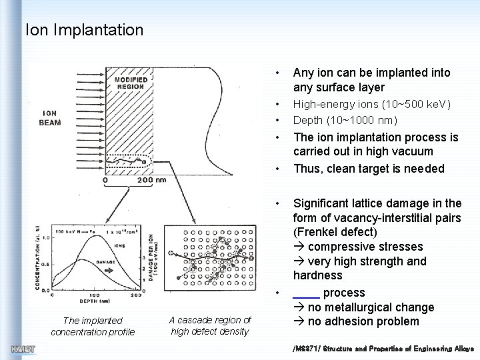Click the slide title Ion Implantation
(84, 30)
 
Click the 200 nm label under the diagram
(151, 180)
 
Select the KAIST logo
(24, 349)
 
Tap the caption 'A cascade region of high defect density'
(210, 325)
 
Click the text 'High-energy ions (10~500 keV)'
(372, 105)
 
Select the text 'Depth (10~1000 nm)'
(345, 120)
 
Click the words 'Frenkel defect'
(335, 232)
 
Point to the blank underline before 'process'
(306, 293)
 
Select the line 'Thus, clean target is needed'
(369, 169)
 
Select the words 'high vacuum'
(384, 152)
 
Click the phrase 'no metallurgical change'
(364, 307)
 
